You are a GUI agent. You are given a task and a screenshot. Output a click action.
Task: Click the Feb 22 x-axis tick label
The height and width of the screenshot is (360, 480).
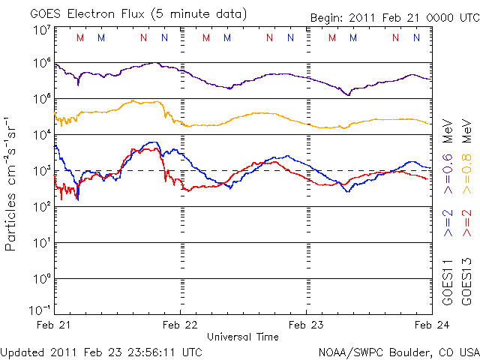pos(181,325)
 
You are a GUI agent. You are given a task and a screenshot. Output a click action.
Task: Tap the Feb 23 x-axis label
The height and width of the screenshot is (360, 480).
pos(307,325)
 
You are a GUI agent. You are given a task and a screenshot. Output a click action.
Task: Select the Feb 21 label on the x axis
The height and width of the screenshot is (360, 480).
pos(55,325)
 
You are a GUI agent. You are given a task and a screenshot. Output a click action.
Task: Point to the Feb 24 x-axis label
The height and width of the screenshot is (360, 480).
pos(430,325)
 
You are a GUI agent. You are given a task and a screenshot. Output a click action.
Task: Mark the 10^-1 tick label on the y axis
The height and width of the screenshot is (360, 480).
pos(40,310)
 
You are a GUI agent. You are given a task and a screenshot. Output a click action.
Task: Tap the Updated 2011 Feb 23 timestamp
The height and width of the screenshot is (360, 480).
pos(101,351)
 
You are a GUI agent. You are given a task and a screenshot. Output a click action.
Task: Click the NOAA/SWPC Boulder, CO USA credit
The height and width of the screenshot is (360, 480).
pos(398,351)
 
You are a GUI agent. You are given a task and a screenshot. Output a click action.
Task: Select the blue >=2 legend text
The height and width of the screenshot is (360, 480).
pos(448,223)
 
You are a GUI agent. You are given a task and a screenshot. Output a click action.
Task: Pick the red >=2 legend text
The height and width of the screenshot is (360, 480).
pos(467,223)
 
